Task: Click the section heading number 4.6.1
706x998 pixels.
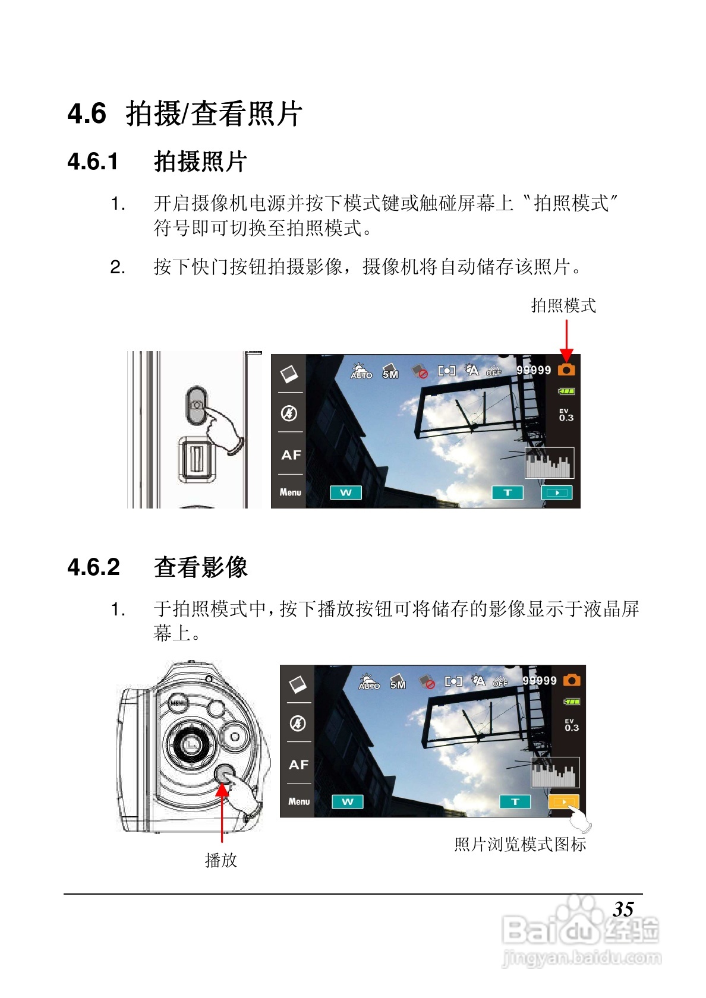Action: (93, 162)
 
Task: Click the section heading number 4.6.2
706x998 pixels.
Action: (94, 567)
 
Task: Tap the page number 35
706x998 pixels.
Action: (623, 909)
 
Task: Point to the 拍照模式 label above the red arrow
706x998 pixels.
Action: (563, 306)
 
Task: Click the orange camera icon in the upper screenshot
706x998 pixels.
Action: (566, 369)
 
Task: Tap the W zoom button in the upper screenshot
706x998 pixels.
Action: (345, 492)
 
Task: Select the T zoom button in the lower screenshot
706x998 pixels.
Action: (515, 801)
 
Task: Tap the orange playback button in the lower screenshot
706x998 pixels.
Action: (563, 801)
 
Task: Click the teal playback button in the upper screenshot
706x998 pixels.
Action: (557, 492)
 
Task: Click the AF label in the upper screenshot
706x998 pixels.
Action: (291, 455)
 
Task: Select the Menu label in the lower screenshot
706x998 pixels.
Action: (298, 801)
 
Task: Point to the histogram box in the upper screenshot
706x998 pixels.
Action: (549, 462)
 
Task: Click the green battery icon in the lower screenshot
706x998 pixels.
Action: (572, 702)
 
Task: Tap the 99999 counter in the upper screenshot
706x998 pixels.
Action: (534, 370)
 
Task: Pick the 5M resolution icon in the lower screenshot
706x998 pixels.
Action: (398, 682)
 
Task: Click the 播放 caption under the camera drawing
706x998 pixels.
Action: (220, 860)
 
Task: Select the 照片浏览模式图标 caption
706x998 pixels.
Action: (520, 844)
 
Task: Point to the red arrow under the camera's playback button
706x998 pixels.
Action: (222, 813)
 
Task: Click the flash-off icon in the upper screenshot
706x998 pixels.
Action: (289, 413)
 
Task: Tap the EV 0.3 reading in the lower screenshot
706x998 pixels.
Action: (572, 725)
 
